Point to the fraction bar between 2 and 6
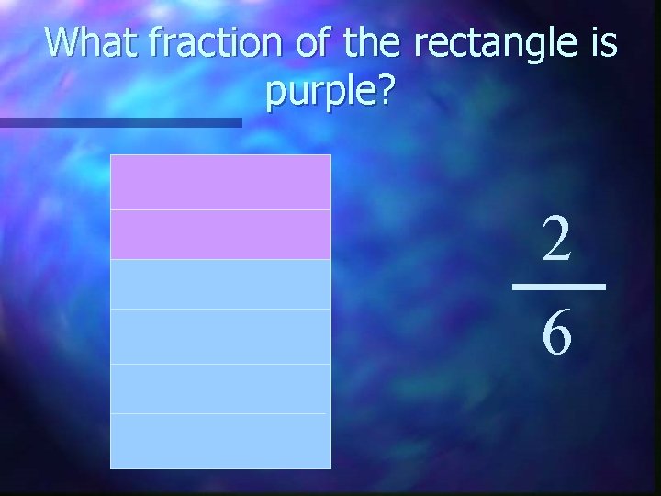pos(558,287)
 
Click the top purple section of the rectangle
pos(220,182)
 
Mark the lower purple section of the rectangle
pos(220,234)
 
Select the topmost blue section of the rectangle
pos(220,284)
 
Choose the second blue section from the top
pos(220,336)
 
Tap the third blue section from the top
pos(220,389)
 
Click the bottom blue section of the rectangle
pos(220,441)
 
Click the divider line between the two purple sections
pos(220,209)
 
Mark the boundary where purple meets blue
pos(220,259)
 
